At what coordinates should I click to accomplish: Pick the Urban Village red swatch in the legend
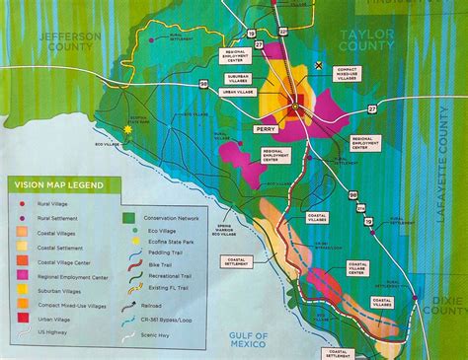21,318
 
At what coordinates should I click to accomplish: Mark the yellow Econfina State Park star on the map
127,126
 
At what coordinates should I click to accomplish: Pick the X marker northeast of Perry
318,64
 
